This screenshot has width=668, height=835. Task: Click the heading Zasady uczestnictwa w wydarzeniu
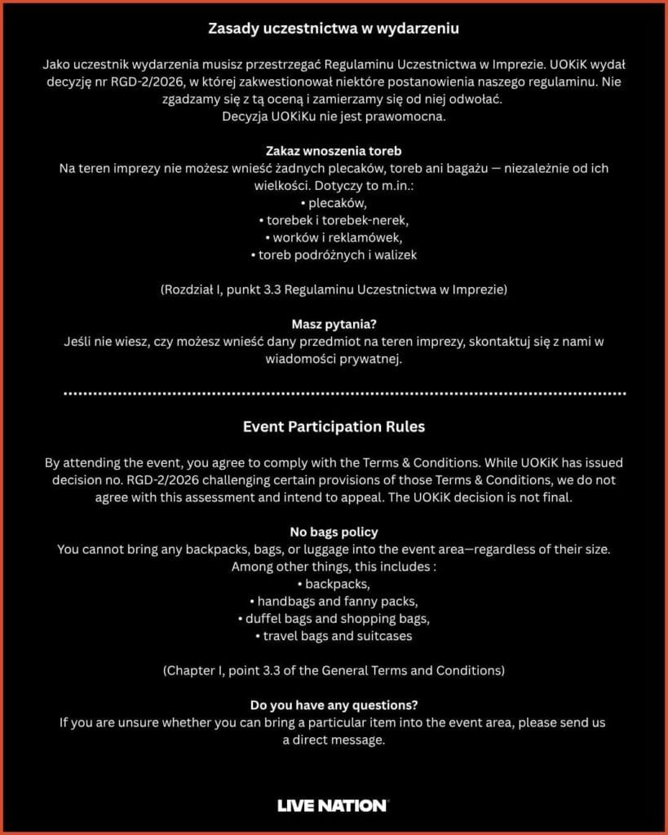pos(334,29)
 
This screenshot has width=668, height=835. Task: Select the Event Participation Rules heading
pos(334,426)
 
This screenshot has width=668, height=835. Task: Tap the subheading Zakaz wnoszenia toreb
pos(334,151)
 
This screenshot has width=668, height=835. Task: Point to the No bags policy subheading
pos(334,532)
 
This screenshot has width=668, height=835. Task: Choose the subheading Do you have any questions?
pos(334,705)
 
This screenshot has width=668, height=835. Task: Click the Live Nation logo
pos(333,806)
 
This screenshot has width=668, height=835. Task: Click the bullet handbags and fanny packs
pos(334,602)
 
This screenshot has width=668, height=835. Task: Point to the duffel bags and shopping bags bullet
pos(334,619)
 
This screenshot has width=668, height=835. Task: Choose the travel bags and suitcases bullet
pos(334,636)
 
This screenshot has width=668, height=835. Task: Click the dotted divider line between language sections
pos(334,393)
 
